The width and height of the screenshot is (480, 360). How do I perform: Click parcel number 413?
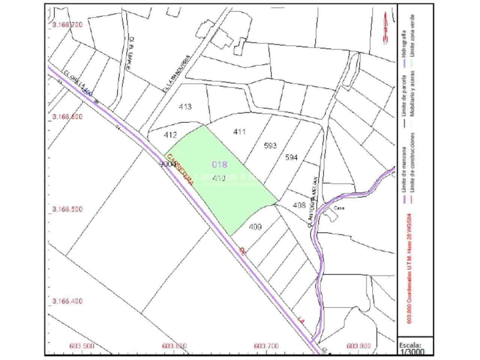185,107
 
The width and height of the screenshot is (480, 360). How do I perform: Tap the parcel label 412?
170,135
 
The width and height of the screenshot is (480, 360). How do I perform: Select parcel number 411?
239,132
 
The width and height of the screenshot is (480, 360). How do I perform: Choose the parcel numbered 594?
291,157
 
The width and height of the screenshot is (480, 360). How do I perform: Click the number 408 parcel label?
299,205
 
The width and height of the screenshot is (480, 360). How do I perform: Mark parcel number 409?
255,226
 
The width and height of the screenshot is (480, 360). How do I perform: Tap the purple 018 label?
220,164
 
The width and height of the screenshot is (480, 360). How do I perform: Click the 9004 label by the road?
168,164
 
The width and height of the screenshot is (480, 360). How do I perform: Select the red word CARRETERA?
180,170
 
